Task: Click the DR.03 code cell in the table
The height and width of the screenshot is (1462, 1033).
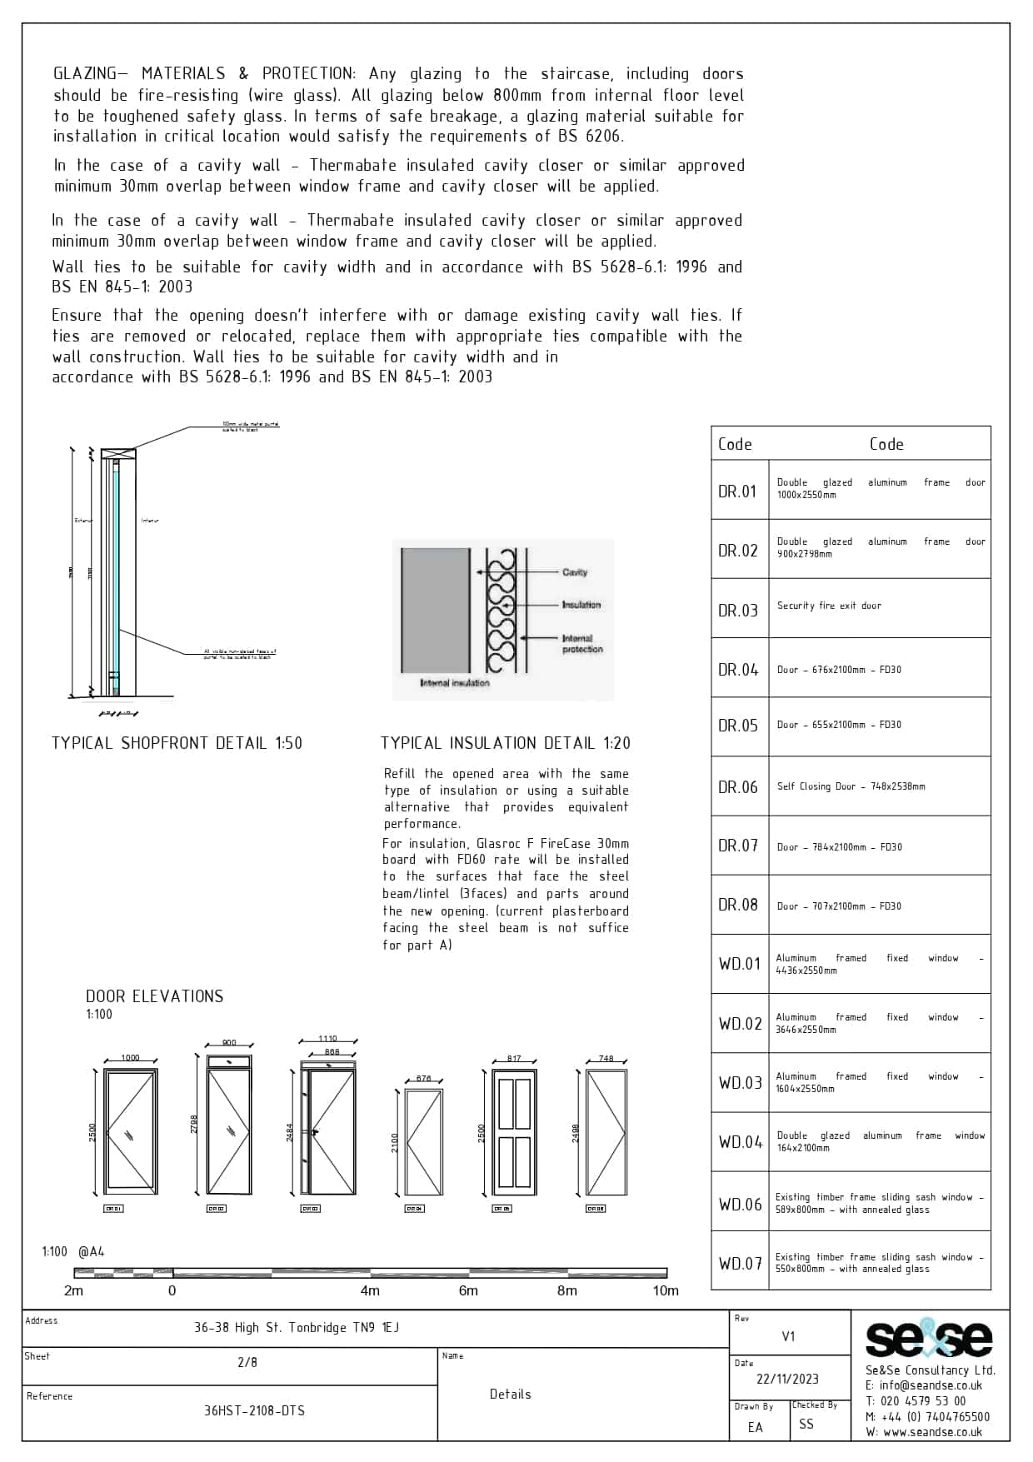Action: [739, 611]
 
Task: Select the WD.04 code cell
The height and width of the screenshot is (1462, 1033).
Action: [741, 1142]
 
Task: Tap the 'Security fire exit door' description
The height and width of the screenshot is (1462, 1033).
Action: [829, 606]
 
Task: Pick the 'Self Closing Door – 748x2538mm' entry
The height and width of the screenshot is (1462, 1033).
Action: [851, 786]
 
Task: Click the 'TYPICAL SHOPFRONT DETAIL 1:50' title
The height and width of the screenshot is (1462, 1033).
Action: [177, 743]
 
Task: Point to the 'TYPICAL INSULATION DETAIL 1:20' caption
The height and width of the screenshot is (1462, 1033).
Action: [506, 743]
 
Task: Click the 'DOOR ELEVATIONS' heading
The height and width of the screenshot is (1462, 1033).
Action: [155, 996]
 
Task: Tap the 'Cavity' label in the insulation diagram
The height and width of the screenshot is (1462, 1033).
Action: [575, 572]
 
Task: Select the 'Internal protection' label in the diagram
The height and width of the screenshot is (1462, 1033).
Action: [581, 644]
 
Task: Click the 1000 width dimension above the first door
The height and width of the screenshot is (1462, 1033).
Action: [131, 1058]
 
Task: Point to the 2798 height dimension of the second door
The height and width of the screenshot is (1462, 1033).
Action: [195, 1125]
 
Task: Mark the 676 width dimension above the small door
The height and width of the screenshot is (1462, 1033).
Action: [423, 1079]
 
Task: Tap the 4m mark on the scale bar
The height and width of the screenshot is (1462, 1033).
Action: [370, 1291]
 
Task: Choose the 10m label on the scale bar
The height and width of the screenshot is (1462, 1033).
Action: [666, 1291]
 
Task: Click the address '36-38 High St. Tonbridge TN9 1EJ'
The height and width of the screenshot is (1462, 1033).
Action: [297, 1328]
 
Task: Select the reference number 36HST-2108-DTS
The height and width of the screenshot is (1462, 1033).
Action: [254, 1410]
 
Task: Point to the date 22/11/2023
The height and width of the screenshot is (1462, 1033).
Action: [787, 1379]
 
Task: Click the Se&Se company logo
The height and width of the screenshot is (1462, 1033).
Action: [929, 1340]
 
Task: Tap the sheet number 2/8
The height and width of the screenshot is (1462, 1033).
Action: [247, 1363]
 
